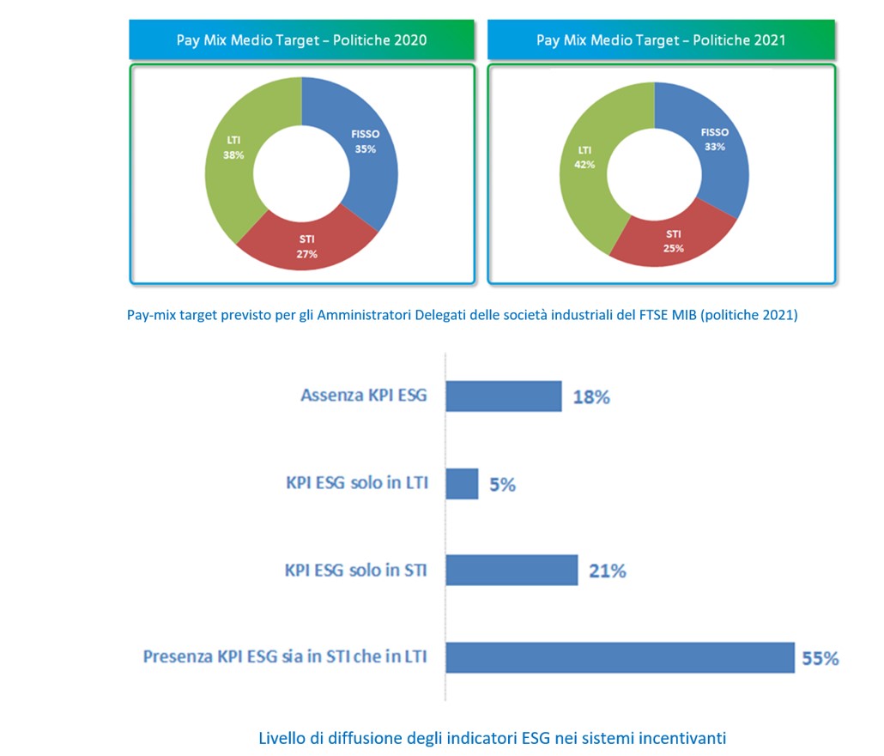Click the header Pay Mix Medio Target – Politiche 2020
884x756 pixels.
tap(301, 40)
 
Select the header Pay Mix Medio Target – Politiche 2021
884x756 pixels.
tap(661, 40)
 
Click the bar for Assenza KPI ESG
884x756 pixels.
tap(504, 396)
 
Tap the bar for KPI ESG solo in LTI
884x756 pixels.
tap(462, 484)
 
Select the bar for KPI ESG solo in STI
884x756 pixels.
tap(512, 570)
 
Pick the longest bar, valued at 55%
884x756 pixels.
tap(620, 657)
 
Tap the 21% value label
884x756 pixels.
tap(607, 571)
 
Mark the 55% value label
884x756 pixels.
tap(820, 659)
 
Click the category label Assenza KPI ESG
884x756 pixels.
tap(363, 396)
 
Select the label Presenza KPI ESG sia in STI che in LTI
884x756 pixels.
tap(285, 658)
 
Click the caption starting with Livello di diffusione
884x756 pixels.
tap(493, 737)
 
